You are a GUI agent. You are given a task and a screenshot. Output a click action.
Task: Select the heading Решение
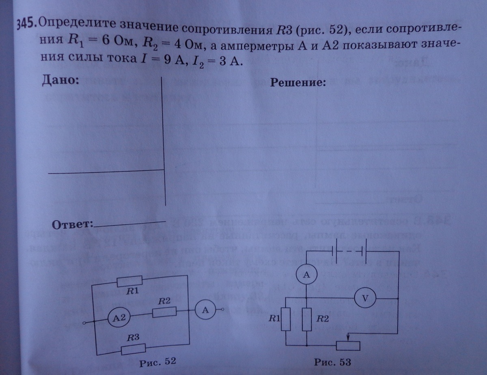(x=298, y=83)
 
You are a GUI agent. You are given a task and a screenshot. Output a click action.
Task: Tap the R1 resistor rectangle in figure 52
(x=130, y=281)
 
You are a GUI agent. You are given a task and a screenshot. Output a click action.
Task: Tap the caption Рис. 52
(x=157, y=362)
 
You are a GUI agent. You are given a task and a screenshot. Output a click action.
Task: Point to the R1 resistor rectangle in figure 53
(x=287, y=319)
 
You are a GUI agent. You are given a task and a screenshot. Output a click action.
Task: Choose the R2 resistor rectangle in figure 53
(x=307, y=319)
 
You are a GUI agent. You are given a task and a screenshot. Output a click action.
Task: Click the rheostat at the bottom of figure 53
(x=348, y=345)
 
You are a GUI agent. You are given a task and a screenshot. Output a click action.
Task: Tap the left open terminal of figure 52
(x=84, y=323)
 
